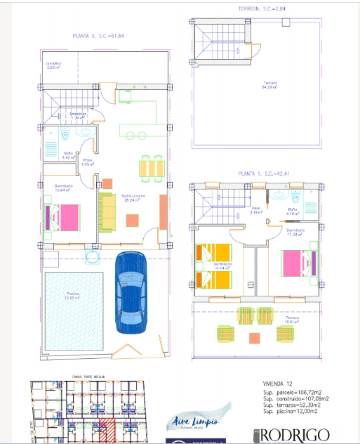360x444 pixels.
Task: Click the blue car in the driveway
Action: tap(131, 293)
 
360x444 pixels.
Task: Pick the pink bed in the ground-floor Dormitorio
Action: tap(62, 216)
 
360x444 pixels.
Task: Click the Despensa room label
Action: tap(78, 115)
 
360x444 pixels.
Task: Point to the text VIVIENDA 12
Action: tap(269, 384)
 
